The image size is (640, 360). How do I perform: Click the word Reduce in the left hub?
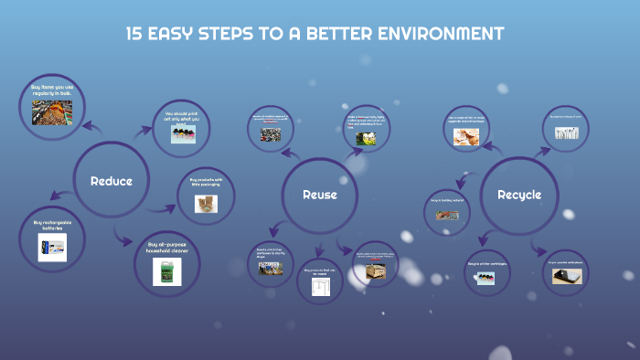pos(112,181)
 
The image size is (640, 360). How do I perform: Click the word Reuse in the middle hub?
pos(320,195)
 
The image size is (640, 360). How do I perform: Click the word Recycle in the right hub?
pos(519,195)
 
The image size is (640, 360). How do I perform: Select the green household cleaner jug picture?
pos(166,270)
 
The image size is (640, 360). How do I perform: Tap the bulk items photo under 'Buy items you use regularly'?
pos(52,111)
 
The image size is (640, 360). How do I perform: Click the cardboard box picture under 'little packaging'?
pos(206,204)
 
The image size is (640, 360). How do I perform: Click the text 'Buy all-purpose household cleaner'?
pos(166,249)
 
